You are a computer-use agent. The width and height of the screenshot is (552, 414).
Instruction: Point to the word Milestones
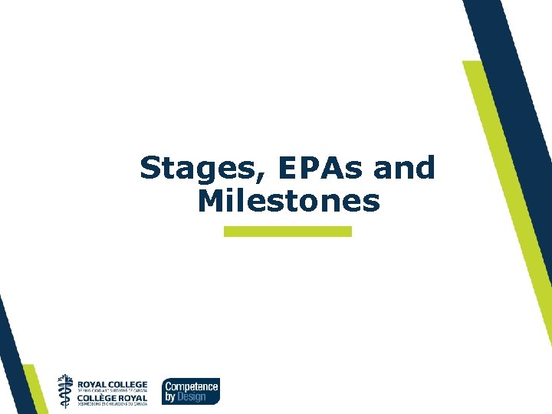click(288, 201)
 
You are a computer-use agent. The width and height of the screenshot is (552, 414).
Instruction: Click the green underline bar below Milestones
click(287, 231)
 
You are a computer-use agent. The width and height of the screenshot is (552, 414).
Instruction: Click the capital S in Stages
click(149, 168)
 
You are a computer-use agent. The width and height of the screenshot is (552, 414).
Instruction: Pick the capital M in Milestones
click(209, 201)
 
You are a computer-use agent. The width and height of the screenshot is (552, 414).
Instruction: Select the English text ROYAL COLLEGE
click(113, 384)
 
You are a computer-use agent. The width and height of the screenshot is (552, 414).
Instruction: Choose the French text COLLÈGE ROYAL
click(113, 396)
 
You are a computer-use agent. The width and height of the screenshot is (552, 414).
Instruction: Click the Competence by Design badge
click(190, 390)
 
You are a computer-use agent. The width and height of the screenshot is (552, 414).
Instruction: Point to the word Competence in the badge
click(192, 386)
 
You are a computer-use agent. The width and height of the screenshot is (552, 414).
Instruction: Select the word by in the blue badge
click(169, 397)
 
